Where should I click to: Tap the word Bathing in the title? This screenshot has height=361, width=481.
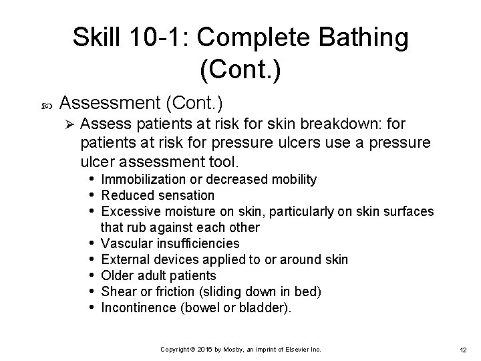tap(361, 37)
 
